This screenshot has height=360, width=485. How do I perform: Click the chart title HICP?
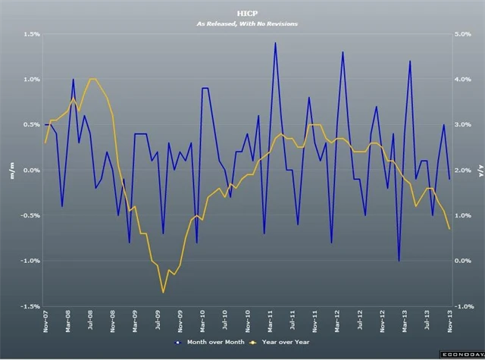point(242,14)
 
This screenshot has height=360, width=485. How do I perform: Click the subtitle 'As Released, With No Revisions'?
point(242,24)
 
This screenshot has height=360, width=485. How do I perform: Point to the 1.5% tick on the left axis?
point(30,34)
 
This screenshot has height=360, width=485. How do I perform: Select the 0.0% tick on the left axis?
point(30,170)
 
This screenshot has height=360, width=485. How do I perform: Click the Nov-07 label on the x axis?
point(45,323)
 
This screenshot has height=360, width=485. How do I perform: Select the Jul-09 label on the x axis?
point(158,323)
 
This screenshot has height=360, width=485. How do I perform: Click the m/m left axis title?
point(11,170)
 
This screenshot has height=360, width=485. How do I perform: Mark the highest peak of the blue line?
point(275,43)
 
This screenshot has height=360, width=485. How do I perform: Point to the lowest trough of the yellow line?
point(163,293)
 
